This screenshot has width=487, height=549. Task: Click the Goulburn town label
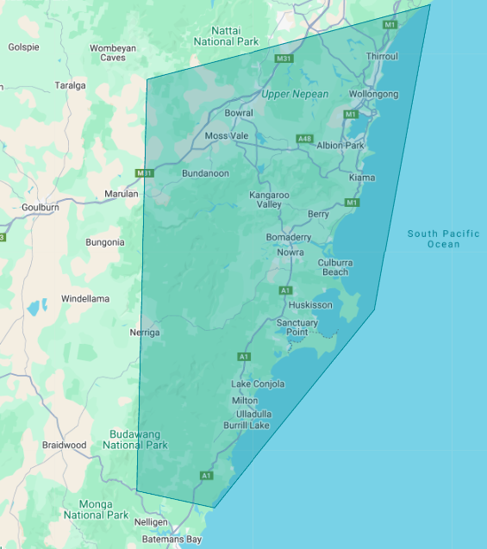tap(41, 208)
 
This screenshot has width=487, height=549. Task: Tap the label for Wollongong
tap(374, 94)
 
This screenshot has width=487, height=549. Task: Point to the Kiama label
tap(362, 178)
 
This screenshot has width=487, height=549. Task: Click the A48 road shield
tap(304, 139)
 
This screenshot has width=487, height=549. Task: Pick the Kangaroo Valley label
tap(269, 200)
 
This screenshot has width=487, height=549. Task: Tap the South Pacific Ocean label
tap(444, 239)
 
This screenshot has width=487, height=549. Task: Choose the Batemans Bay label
tap(172, 540)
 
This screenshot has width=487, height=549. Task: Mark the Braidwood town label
tap(65, 446)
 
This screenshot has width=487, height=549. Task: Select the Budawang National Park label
tap(135, 440)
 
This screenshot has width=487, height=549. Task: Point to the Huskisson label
tap(311, 305)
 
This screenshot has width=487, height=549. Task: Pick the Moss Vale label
tap(227, 136)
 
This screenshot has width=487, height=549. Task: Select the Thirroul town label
tap(382, 56)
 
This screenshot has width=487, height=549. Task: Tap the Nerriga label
tap(144, 332)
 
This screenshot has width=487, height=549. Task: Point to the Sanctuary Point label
tap(297, 328)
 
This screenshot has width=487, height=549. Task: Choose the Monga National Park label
tap(96, 509)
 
